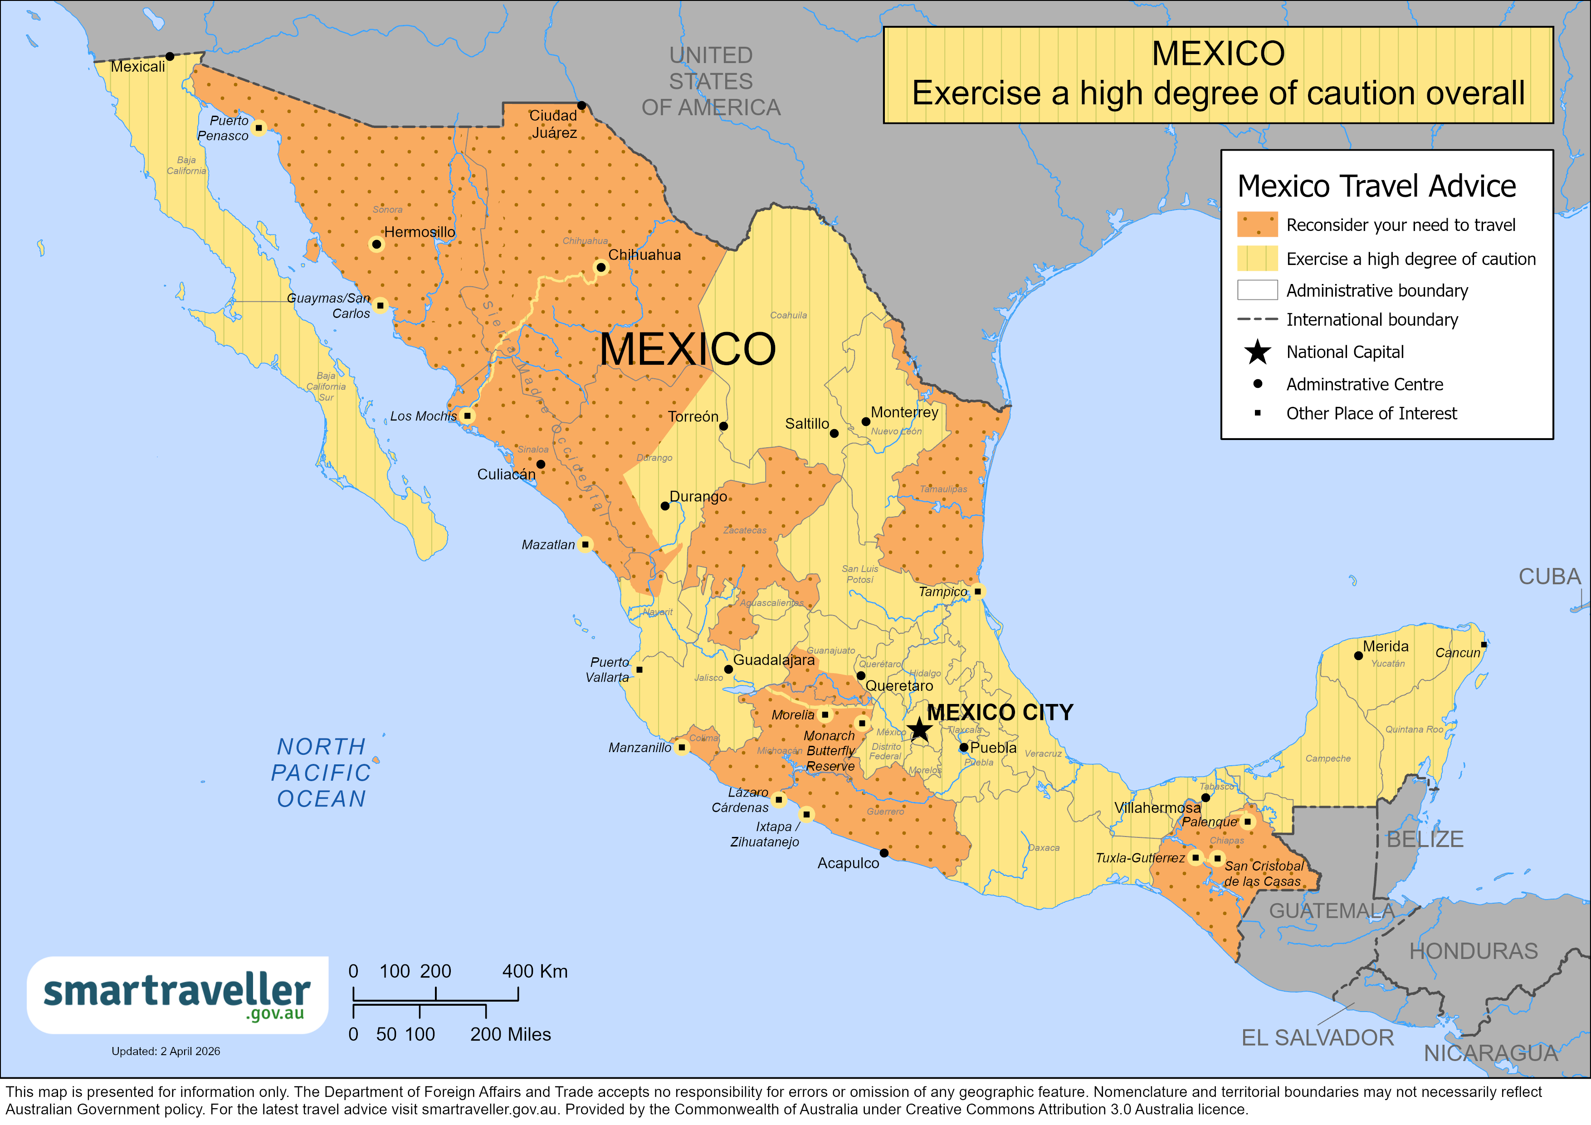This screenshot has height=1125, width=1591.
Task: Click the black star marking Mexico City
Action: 919,729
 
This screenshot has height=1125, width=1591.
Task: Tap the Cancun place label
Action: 1457,652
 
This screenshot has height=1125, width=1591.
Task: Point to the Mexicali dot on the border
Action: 170,56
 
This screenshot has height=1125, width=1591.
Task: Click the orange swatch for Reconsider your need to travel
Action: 1257,225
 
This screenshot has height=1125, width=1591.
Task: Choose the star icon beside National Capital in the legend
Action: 1257,352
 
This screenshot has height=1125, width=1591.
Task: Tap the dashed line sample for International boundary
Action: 1257,319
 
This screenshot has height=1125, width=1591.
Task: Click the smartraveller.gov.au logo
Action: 177,995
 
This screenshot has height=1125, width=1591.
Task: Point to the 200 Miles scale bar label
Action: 510,1034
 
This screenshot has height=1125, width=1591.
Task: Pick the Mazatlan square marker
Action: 586,544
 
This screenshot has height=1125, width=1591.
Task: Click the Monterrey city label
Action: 904,412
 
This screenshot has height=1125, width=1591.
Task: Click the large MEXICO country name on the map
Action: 688,349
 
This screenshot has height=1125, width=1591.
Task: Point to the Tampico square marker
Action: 977,591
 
